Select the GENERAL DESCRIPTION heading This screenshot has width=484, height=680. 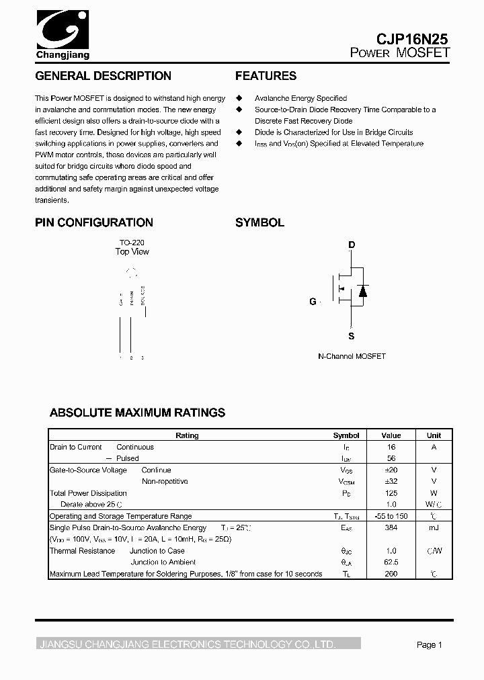pyautogui.click(x=103, y=76)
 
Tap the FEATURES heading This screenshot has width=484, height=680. pyautogui.click(x=266, y=76)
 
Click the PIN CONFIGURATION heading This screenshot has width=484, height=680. pyautogui.click(x=94, y=222)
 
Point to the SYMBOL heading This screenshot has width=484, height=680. pyautogui.click(x=259, y=222)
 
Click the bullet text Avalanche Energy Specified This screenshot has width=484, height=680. pyautogui.click(x=300, y=98)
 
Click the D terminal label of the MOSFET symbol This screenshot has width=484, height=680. pyautogui.click(x=352, y=245)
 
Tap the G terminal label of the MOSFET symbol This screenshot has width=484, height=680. pyautogui.click(x=313, y=302)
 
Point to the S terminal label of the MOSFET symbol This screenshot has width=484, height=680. pyautogui.click(x=351, y=336)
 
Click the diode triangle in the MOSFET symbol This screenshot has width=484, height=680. pyautogui.click(x=363, y=291)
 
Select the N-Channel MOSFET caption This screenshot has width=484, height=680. pyautogui.click(x=352, y=356)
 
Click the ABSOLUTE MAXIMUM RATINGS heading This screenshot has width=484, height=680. pyautogui.click(x=138, y=413)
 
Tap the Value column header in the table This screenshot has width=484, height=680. pyautogui.click(x=391, y=435)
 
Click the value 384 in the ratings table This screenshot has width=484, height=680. pyautogui.click(x=391, y=528)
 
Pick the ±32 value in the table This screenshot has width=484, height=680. pyautogui.click(x=391, y=482)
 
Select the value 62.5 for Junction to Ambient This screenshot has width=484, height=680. pyautogui.click(x=391, y=562)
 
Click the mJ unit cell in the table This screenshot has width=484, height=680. pyautogui.click(x=434, y=528)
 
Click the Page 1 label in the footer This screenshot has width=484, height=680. pyautogui.click(x=429, y=645)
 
